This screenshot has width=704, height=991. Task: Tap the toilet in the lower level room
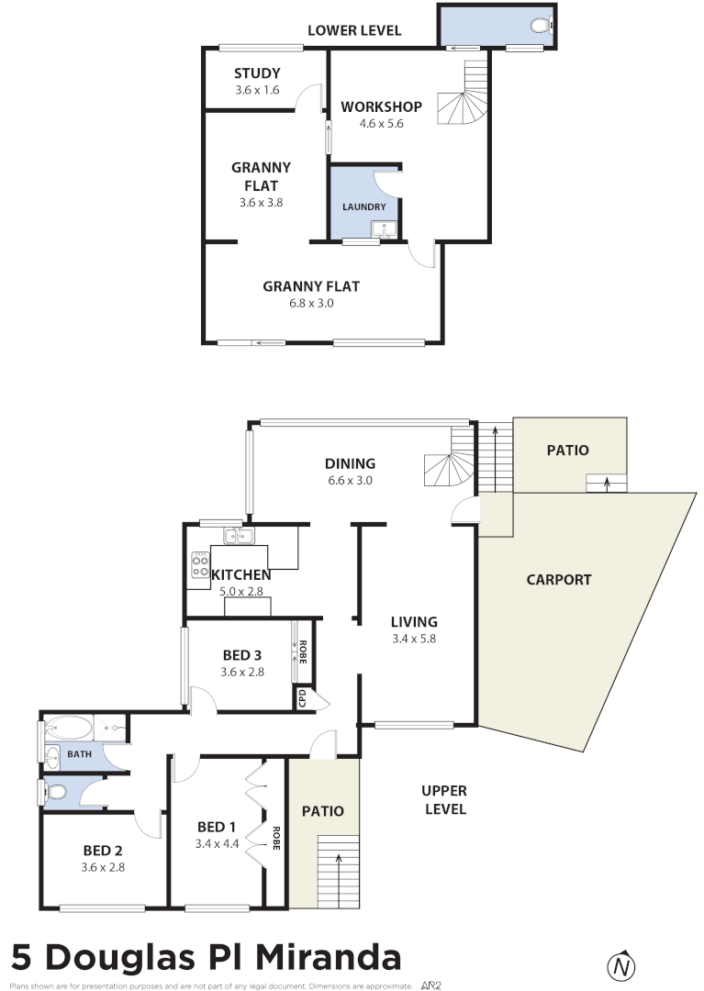(x=542, y=26)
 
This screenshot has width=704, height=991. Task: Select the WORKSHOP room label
(x=381, y=106)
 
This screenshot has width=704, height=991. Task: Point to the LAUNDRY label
(x=364, y=206)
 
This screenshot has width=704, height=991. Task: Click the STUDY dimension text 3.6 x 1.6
(x=257, y=90)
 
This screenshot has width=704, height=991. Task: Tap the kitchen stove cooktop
(x=200, y=565)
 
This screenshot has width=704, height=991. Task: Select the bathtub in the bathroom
(x=69, y=729)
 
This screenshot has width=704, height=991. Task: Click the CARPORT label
(x=558, y=580)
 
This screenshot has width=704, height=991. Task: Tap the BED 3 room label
(x=242, y=655)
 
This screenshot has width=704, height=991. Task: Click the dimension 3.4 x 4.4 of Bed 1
(x=217, y=843)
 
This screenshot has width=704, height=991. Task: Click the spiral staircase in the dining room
(x=448, y=470)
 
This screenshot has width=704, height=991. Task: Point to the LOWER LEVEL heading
(x=353, y=30)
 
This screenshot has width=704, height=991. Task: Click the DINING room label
(x=350, y=463)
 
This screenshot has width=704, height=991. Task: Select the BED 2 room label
(x=102, y=850)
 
